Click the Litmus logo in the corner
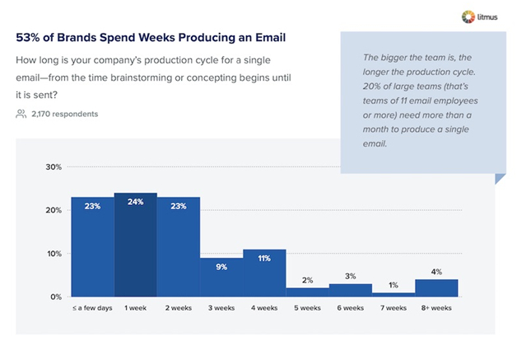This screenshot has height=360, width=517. tap(483, 16)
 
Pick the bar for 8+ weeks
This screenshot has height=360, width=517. tap(436, 288)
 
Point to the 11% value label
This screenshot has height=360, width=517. tap(264, 258)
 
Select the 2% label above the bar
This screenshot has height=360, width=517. tap(307, 280)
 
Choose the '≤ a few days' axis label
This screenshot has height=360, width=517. tap(91, 309)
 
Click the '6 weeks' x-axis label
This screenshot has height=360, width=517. tap(350, 309)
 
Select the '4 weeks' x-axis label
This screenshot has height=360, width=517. tap(263, 309)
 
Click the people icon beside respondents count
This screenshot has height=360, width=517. tap(21, 114)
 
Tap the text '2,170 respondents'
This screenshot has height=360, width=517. tap(64, 114)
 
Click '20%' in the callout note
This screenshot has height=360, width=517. tap(374, 86)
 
